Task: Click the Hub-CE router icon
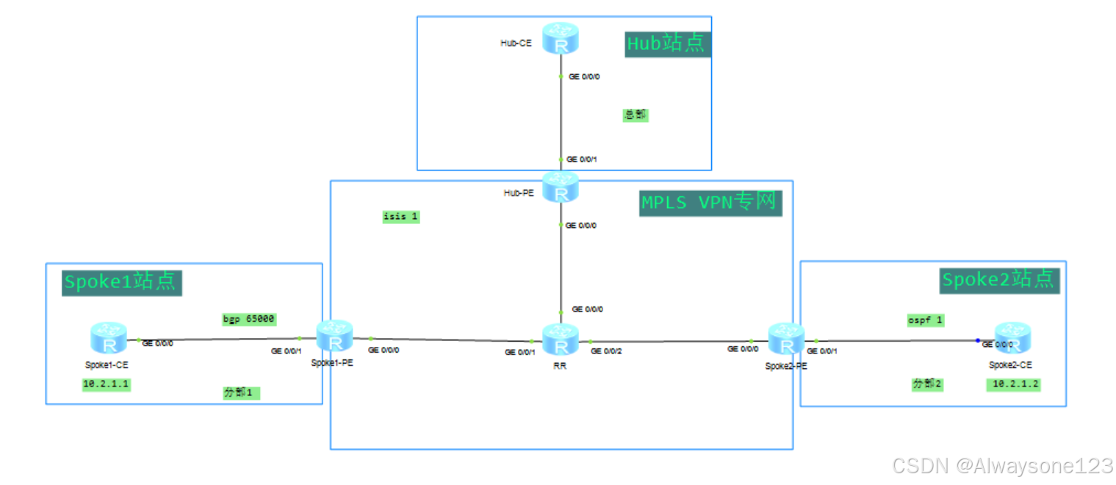[x=561, y=38]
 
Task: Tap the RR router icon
[x=561, y=339]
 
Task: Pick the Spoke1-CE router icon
[x=109, y=339]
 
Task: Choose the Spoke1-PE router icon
[x=335, y=337]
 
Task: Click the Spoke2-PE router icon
[x=787, y=338]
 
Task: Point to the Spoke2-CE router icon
[x=1012, y=338]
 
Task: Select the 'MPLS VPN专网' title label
[x=710, y=202]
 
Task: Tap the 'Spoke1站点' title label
[x=121, y=282]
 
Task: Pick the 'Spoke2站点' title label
[x=998, y=280]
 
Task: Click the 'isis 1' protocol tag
[x=400, y=217]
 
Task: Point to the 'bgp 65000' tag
[x=249, y=319]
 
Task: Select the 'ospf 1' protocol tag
[x=925, y=320]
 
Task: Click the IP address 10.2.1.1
[x=107, y=384]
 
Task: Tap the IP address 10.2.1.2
[x=1013, y=384]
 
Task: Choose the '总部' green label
[x=636, y=115]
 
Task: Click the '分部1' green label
[x=242, y=393]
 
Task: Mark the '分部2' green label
[x=927, y=384]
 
